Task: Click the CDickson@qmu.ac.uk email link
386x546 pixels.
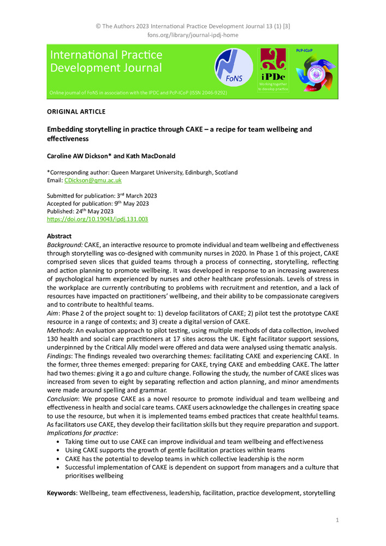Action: coord(93,180)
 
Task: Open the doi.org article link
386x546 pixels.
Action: coord(98,219)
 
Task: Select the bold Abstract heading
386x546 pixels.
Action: coord(60,236)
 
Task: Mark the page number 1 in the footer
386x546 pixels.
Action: coord(337,520)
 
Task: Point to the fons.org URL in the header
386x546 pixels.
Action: coord(193,35)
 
